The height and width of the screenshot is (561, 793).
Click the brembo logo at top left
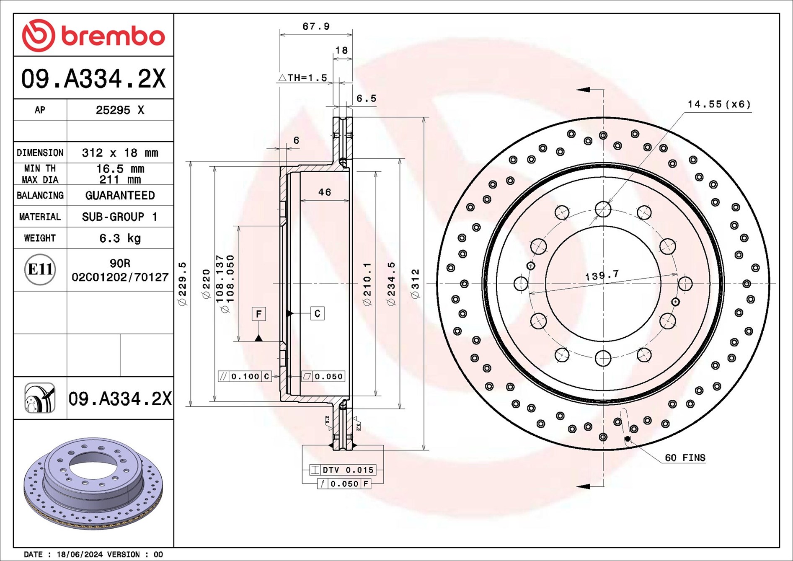[93, 36]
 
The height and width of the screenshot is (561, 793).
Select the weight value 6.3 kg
[120, 238]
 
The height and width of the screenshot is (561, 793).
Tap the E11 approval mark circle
[40, 269]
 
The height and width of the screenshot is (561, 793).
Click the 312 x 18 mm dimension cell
[120, 153]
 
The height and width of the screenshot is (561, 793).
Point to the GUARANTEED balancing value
[120, 196]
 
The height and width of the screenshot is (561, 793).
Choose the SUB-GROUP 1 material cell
[120, 217]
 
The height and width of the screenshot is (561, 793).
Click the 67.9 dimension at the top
[316, 26]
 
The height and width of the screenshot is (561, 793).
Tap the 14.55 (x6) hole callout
[719, 104]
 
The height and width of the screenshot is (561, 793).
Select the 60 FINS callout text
[685, 458]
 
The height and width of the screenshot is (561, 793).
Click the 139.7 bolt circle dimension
[602, 276]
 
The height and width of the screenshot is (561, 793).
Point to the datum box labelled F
[259, 314]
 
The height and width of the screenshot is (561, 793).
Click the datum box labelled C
[317, 313]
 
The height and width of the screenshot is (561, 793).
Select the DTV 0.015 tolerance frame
[343, 470]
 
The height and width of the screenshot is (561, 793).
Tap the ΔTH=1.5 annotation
[302, 78]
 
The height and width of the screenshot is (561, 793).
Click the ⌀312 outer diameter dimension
[415, 284]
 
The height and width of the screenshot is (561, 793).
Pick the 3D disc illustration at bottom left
[93, 484]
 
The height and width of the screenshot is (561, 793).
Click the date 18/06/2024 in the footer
[80, 554]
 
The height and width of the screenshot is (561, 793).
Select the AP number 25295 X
[120, 110]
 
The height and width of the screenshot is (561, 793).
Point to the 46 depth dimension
[325, 192]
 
